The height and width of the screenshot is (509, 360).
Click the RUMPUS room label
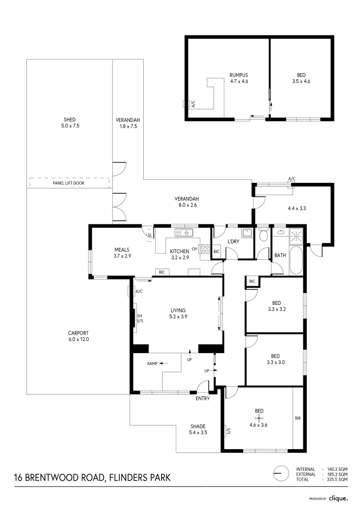click(x=238, y=75)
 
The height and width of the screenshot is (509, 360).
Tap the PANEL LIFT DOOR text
click(x=69, y=183)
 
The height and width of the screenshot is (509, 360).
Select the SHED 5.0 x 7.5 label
click(x=70, y=123)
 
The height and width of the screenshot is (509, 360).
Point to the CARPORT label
click(x=78, y=336)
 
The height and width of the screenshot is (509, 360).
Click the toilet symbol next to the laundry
click(x=263, y=234)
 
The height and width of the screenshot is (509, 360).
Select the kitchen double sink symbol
click(x=184, y=232)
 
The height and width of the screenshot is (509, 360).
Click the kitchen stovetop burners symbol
click(x=205, y=249)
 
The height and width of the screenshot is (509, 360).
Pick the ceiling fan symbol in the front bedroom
click(x=259, y=418)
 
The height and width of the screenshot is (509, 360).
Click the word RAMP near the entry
click(x=152, y=363)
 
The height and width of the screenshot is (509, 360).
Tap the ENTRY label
click(x=203, y=398)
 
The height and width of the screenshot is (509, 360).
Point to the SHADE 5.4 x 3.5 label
click(x=197, y=429)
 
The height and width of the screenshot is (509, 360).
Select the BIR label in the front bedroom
click(x=297, y=418)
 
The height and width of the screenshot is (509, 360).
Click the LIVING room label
click(x=179, y=313)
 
